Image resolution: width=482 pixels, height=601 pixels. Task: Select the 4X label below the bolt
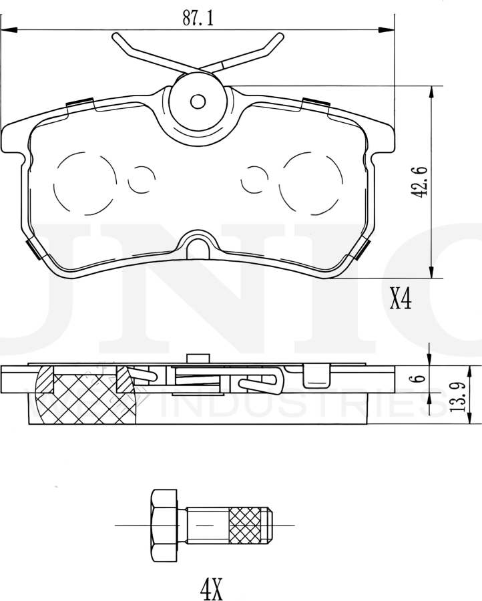(211, 588)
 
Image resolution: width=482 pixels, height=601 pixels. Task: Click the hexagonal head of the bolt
(164, 526)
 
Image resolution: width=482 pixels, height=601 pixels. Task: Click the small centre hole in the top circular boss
(198, 102)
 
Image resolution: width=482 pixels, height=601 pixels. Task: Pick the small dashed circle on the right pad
(254, 179)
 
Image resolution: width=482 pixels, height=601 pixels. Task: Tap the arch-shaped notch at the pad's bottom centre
(198, 246)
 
